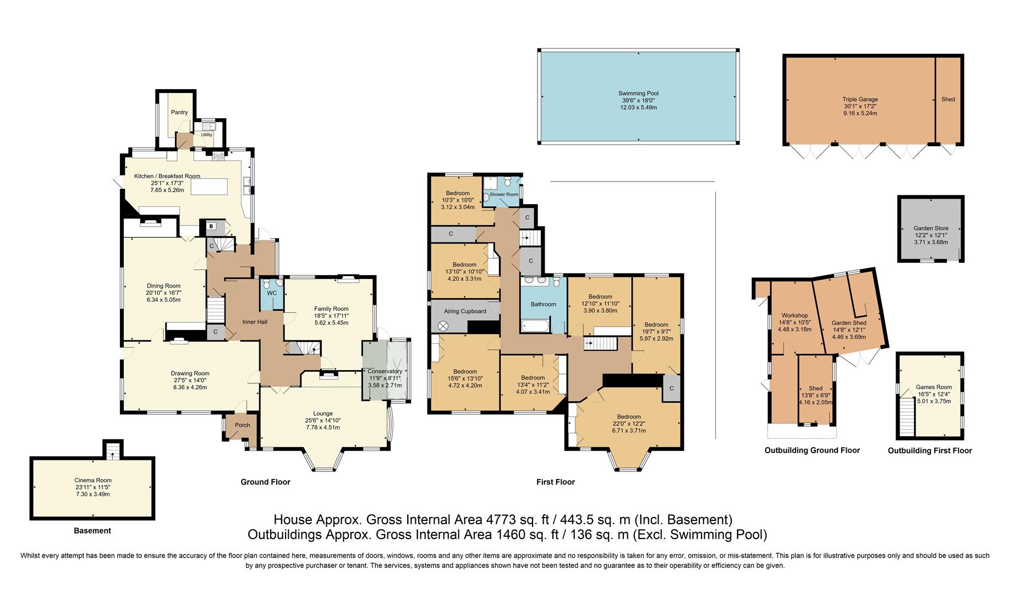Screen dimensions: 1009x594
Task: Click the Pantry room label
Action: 179,112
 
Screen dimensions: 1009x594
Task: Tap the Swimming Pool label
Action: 638,94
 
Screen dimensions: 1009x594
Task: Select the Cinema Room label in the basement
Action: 92,480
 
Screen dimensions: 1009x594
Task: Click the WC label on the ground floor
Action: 272,293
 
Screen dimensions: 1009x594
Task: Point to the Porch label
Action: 243,425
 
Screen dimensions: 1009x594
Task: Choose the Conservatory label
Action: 385,371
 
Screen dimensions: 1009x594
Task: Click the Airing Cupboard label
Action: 465,311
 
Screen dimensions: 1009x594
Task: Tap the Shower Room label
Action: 504,195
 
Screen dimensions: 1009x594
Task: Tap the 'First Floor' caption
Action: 556,482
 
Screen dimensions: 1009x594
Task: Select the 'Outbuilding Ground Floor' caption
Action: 812,450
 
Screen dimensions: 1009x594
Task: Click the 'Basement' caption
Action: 92,531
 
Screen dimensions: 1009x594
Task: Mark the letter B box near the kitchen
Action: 211,226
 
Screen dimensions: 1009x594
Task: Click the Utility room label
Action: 206,135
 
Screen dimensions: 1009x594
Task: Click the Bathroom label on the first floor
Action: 543,304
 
